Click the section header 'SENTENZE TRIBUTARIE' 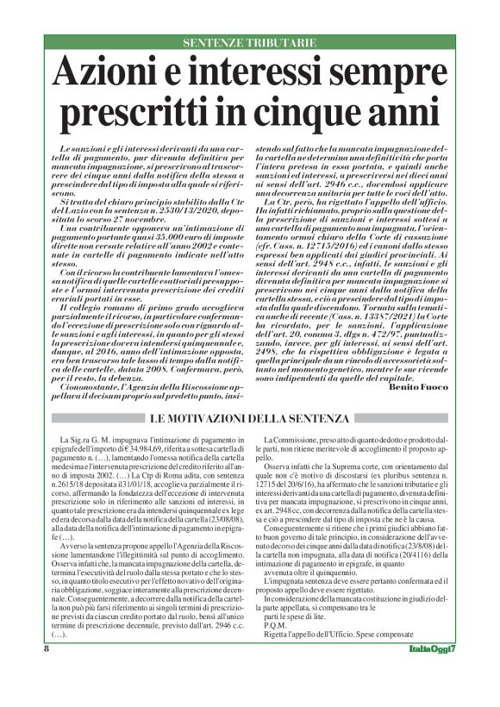pos(249,42)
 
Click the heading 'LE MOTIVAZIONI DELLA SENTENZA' pos(249,418)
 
